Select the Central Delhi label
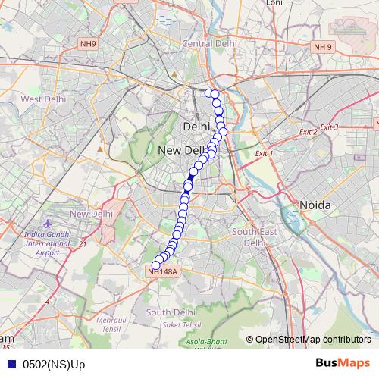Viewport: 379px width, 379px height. tap(207, 43)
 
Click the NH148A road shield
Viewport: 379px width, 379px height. tap(162, 271)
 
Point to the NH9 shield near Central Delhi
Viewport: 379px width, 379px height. tap(88, 45)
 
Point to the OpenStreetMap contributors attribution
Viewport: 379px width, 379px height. tap(312, 339)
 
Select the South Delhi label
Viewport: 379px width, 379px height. tap(170, 312)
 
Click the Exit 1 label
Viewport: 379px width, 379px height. tap(264, 153)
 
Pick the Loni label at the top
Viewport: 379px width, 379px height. tap(274, 3)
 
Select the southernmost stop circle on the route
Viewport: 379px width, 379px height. tap(157, 264)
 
